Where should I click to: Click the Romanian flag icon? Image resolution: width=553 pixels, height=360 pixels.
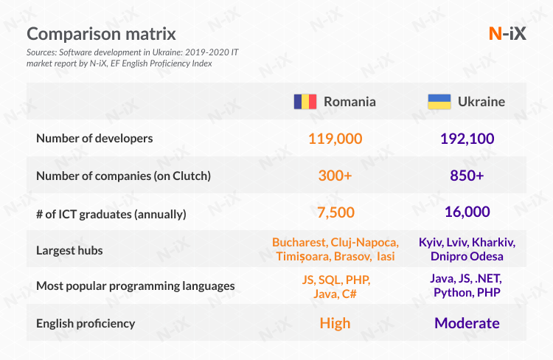[305, 102]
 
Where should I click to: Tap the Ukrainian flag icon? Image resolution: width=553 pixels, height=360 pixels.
[440, 102]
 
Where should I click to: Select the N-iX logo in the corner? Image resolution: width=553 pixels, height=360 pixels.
[507, 34]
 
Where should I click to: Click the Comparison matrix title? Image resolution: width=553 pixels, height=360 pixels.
[101, 34]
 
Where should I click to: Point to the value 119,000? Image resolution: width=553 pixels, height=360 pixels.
[335, 139]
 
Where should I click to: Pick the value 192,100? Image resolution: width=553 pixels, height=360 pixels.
[467, 139]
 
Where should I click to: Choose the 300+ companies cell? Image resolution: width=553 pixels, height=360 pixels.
[335, 176]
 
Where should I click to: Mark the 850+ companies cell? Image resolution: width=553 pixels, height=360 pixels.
[467, 176]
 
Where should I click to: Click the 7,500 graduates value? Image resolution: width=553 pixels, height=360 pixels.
[335, 213]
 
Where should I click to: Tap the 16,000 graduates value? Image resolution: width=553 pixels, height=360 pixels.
[467, 212]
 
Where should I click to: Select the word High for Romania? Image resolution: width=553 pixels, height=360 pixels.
[335, 323]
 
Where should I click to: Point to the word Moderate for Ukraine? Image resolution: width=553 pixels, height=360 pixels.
[467, 323]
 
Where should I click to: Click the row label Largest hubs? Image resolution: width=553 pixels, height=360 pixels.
[69, 250]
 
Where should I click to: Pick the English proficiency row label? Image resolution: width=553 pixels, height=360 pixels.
[86, 323]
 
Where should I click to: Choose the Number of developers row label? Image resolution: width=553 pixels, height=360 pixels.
[94, 139]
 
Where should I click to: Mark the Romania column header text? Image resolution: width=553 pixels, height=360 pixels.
[349, 102]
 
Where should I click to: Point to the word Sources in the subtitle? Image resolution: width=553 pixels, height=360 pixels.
[41, 53]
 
